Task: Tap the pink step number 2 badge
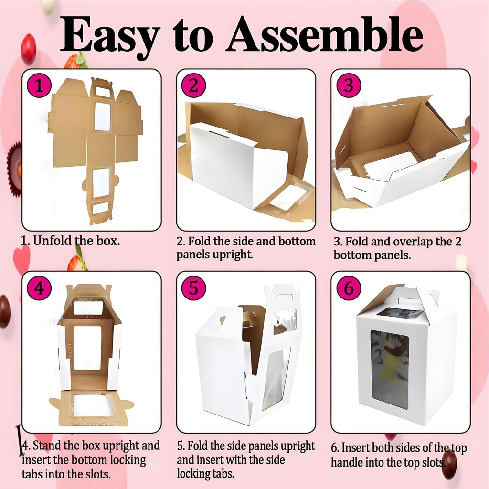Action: (x=193, y=86)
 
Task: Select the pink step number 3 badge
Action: (x=349, y=86)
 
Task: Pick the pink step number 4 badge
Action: (x=39, y=288)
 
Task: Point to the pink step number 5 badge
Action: (x=193, y=288)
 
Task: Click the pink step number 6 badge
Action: (x=349, y=288)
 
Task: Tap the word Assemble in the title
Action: (x=324, y=34)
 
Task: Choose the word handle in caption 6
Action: (x=349, y=462)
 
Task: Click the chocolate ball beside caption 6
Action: (x=449, y=464)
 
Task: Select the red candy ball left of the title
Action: (x=28, y=49)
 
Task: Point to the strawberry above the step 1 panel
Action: (x=76, y=61)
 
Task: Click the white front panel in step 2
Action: (x=224, y=165)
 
